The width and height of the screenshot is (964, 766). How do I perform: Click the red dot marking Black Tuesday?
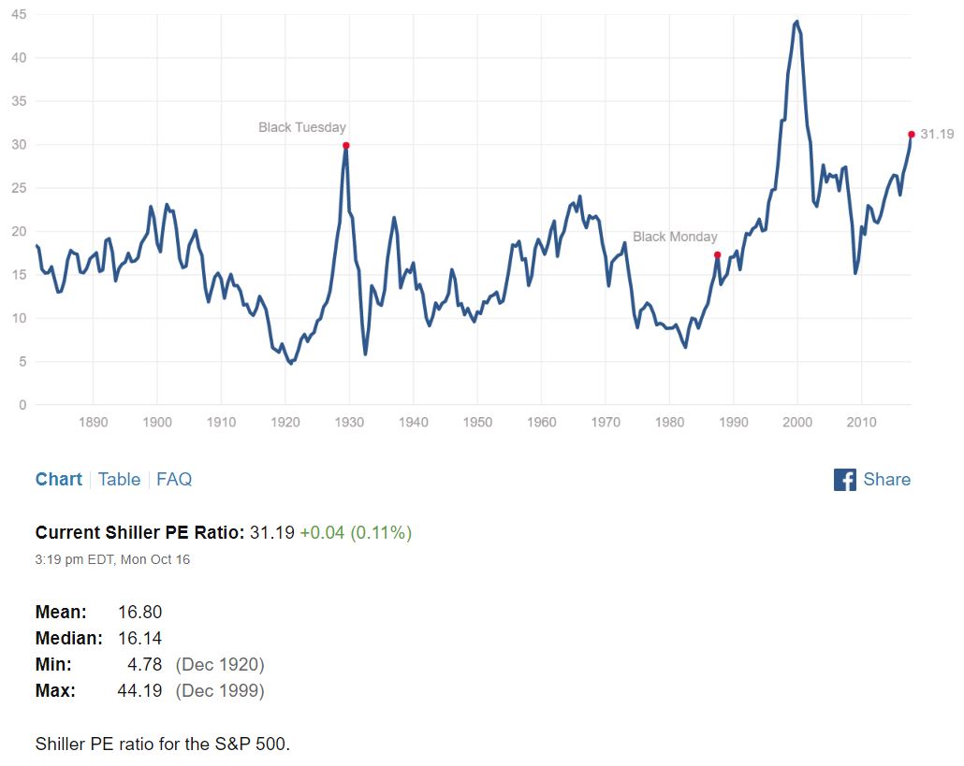tap(346, 145)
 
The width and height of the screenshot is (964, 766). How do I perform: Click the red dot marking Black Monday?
tap(717, 254)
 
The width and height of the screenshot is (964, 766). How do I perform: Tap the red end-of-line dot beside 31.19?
tap(912, 134)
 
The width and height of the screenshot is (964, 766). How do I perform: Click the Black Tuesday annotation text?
tap(302, 127)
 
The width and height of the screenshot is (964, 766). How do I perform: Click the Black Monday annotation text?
tap(675, 237)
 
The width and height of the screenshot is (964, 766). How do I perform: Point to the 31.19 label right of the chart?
tap(937, 134)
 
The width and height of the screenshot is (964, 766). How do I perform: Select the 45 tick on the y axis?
tap(20, 14)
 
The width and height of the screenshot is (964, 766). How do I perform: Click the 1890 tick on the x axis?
tap(94, 423)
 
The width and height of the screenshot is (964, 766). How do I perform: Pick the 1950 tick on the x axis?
tap(477, 423)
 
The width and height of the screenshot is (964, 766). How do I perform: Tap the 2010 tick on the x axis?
tap(861, 423)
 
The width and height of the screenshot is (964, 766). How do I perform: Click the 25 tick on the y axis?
tap(20, 188)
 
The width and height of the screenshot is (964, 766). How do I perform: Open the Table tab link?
tap(119, 479)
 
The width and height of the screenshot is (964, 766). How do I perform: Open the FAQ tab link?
tap(174, 479)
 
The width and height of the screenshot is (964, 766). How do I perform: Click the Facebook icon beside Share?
tap(844, 480)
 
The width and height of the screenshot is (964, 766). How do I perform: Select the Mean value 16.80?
tap(140, 612)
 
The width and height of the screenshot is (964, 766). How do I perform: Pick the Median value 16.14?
tap(140, 638)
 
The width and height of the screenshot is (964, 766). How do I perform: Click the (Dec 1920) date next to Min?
tap(220, 664)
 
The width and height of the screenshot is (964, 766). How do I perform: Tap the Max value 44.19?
tap(140, 690)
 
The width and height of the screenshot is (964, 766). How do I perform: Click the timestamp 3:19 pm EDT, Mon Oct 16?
tap(112, 559)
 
